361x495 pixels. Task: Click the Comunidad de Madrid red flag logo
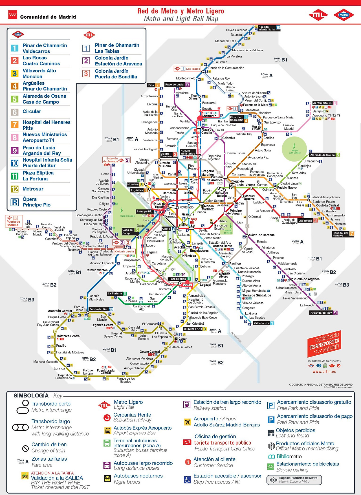click(x=13, y=15)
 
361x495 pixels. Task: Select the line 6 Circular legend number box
click(x=15, y=112)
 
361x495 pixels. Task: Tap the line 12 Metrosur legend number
click(x=15, y=189)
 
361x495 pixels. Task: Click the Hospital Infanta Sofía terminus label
click(x=267, y=28)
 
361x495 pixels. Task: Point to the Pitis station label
click(x=151, y=85)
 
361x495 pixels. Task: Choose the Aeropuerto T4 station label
click(x=322, y=103)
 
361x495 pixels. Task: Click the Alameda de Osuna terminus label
click(x=322, y=155)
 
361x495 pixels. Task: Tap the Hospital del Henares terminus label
click(x=340, y=234)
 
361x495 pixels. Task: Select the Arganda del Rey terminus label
click(x=321, y=313)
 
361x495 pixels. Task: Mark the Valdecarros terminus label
click(x=261, y=323)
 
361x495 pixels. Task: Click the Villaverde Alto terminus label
click(x=193, y=329)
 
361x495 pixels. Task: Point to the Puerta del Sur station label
click(x=98, y=309)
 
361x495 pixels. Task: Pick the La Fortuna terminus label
click(x=115, y=293)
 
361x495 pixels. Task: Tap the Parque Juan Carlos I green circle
click(x=294, y=149)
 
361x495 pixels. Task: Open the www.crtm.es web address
click(x=324, y=371)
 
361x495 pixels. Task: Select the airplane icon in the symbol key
click(x=187, y=422)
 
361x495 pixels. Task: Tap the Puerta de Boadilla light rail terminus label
click(x=13, y=223)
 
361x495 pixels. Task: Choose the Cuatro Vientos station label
click(x=97, y=270)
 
